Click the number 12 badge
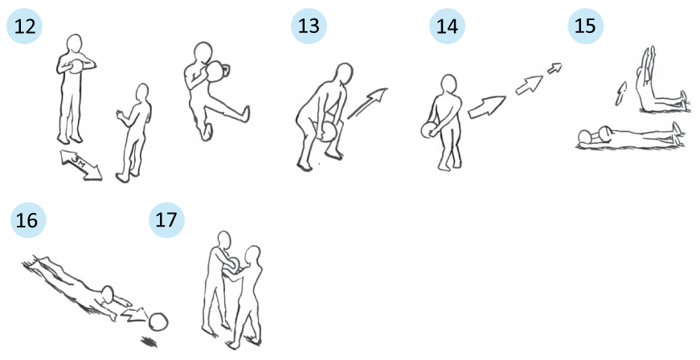point(24,27)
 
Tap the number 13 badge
point(309,27)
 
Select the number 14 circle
point(447,27)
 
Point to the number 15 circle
point(585,27)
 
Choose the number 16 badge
point(28,220)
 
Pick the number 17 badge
point(166,220)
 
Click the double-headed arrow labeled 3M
point(81,166)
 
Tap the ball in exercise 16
point(158,321)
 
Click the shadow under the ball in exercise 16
point(149,342)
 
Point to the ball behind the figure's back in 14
point(428,130)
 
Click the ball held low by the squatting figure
point(330,132)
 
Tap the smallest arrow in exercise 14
point(555,67)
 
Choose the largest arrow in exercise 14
point(486,107)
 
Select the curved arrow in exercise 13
point(367,103)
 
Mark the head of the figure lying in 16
point(108,293)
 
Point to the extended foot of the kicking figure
point(244,114)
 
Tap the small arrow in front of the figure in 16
point(134,313)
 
